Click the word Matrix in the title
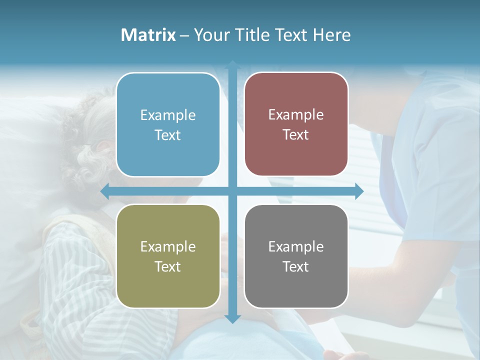click(x=148, y=35)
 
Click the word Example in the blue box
click(x=168, y=115)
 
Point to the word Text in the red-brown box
click(x=296, y=135)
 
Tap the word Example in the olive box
click(x=168, y=247)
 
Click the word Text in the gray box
click(x=296, y=267)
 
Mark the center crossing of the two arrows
click(x=232, y=191)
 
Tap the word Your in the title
click(x=211, y=35)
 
